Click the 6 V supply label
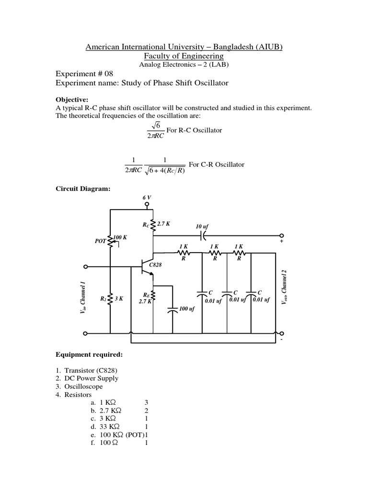147,198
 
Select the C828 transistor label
156,264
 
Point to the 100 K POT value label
120,237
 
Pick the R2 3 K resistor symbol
111,298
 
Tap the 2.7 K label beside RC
164,223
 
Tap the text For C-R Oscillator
217,164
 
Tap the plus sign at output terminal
281,243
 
